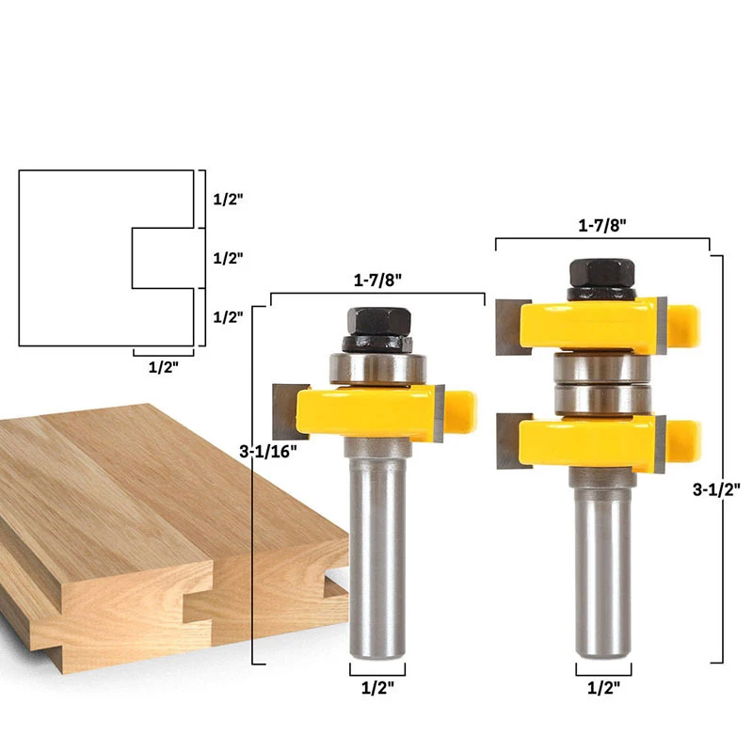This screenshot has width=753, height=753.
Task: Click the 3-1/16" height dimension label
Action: pos(268,451)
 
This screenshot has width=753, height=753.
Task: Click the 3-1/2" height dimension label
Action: pos(714,489)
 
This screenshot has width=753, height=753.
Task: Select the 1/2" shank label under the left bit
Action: pos(377,688)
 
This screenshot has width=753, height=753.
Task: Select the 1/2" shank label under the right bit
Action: pos(603,688)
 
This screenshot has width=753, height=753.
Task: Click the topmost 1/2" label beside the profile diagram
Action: pos(228,200)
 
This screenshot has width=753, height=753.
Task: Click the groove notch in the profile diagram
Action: pos(160,257)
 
